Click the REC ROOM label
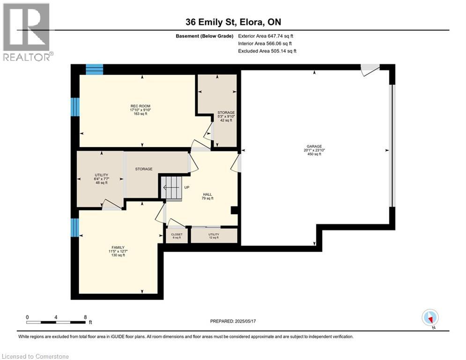click(x=141, y=106)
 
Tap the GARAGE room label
click(x=314, y=146)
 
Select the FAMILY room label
click(x=118, y=247)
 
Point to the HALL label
click(x=207, y=194)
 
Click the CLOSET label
click(x=177, y=234)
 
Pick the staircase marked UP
click(x=171, y=188)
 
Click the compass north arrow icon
click(x=430, y=318)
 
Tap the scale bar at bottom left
click(x=56, y=322)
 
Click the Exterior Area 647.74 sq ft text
click(x=266, y=36)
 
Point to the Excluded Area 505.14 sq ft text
click(x=267, y=51)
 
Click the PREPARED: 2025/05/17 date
click(x=233, y=321)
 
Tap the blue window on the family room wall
click(x=75, y=228)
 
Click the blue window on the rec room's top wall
click(x=95, y=69)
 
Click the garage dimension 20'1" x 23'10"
click(x=314, y=150)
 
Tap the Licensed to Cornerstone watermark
click(x=35, y=356)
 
